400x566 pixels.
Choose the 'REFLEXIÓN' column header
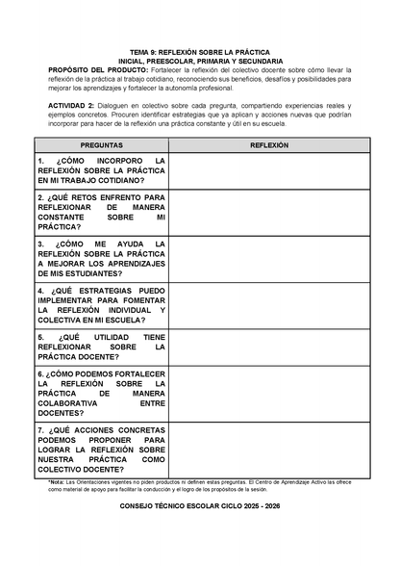(269, 144)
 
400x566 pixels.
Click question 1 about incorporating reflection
(101, 170)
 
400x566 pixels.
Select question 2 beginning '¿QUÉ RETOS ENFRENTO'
(101, 212)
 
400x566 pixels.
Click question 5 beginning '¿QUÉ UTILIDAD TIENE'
(101, 347)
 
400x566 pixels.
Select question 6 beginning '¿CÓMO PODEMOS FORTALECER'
(101, 393)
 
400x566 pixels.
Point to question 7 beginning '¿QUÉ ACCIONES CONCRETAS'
(101, 450)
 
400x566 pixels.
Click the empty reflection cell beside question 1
(269, 170)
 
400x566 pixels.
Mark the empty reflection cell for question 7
(269, 450)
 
